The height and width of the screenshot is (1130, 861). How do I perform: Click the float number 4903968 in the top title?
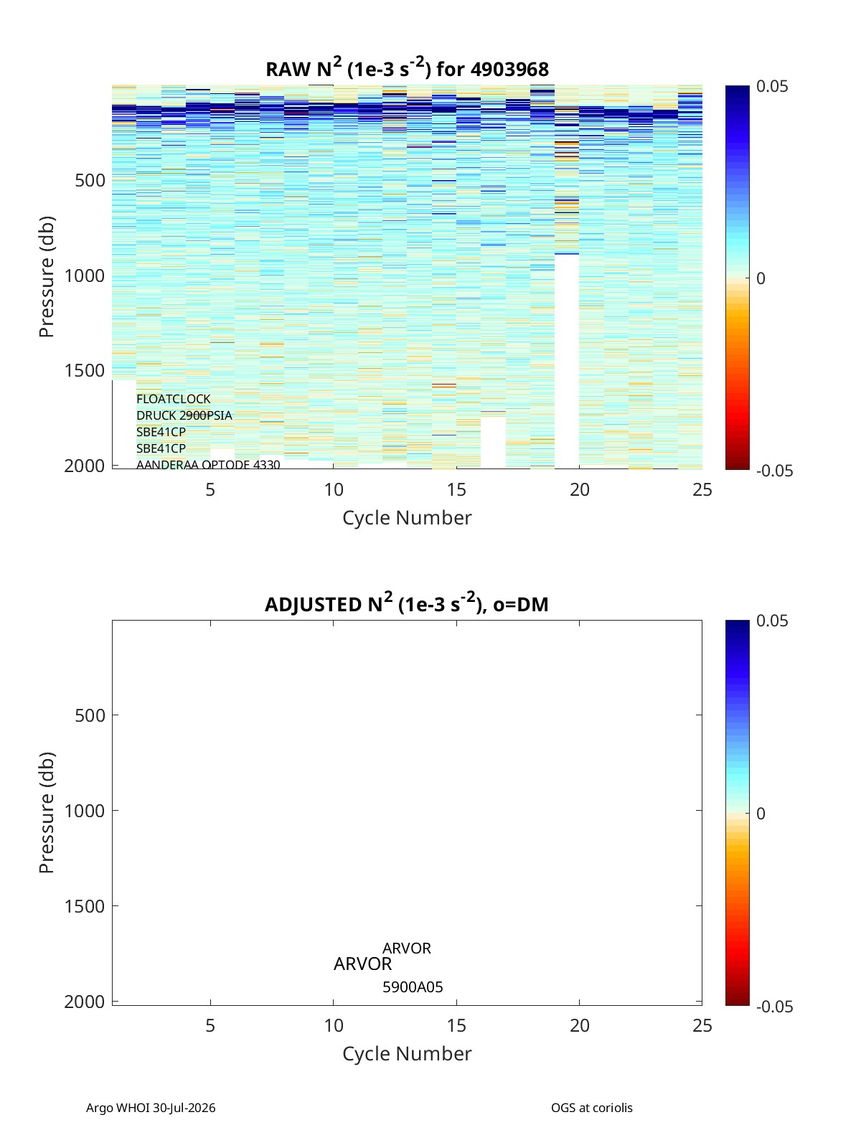pyautogui.click(x=509, y=69)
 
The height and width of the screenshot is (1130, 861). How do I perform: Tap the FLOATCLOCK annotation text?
pyautogui.click(x=173, y=399)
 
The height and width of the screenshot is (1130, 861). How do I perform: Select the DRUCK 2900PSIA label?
pyautogui.click(x=184, y=415)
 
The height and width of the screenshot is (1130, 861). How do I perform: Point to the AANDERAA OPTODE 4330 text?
pyautogui.click(x=208, y=464)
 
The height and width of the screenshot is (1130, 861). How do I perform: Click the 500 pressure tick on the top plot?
pyautogui.click(x=90, y=180)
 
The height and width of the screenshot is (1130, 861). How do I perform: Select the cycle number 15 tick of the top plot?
pyautogui.click(x=456, y=489)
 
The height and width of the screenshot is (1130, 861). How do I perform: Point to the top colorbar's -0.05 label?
pyautogui.click(x=774, y=471)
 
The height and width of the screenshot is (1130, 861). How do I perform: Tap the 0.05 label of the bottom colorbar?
pyautogui.click(x=772, y=621)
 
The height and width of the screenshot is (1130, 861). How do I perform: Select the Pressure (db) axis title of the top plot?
pyautogui.click(x=47, y=276)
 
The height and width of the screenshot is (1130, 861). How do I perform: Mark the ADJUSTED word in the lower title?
pyautogui.click(x=312, y=604)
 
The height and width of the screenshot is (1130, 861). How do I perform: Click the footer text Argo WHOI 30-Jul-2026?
pyautogui.click(x=151, y=1107)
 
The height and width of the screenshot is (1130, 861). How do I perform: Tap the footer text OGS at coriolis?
pyautogui.click(x=591, y=1107)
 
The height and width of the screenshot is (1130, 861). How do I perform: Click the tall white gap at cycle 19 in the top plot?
pyautogui.click(x=567, y=361)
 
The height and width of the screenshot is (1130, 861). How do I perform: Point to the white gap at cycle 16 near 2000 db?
pyautogui.click(x=493, y=442)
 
